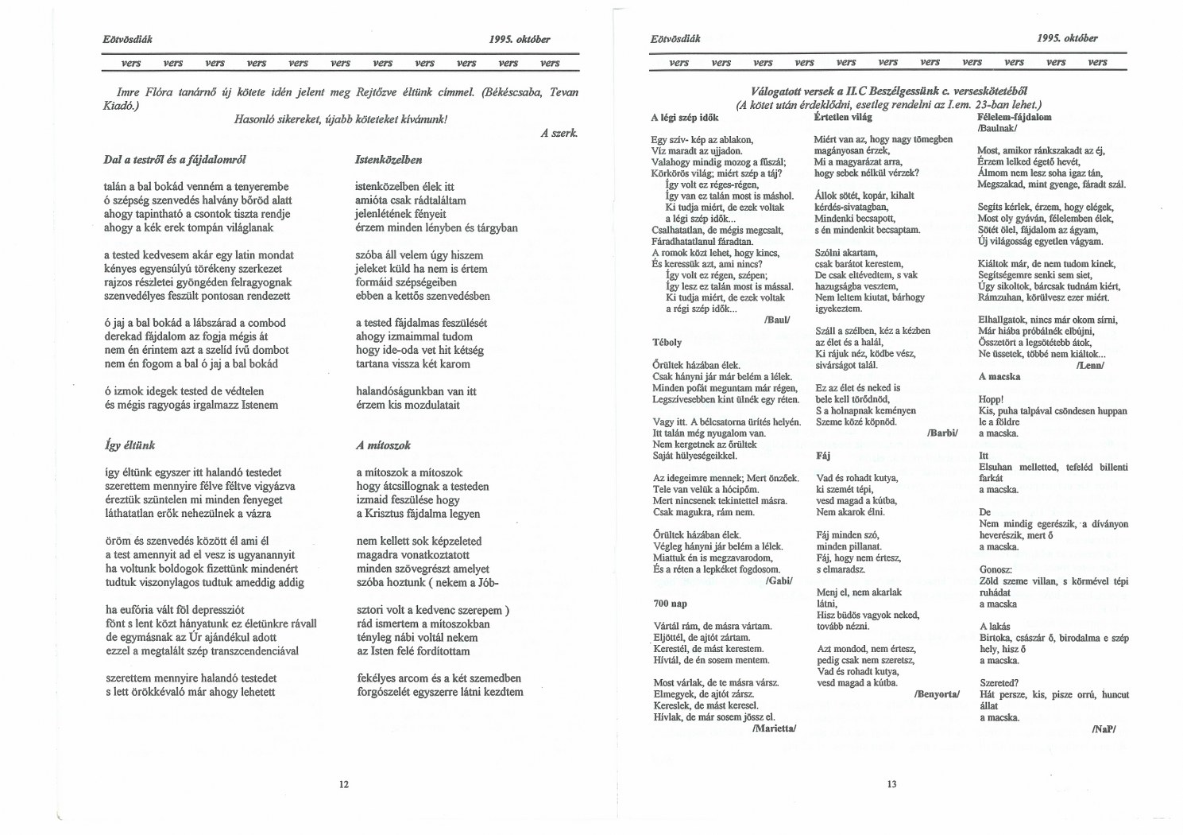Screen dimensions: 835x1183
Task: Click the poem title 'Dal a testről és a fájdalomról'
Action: [175, 160]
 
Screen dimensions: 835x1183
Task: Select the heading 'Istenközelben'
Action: [389, 160]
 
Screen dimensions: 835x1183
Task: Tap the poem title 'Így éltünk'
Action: [130, 445]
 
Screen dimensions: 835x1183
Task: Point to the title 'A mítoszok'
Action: [383, 445]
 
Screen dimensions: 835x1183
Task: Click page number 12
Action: [344, 784]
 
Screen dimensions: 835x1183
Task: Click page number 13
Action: [891, 784]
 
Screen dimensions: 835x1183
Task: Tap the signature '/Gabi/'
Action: [780, 581]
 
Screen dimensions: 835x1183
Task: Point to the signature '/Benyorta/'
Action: [938, 694]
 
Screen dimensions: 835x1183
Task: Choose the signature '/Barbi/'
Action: [943, 433]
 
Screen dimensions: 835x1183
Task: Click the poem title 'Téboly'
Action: [667, 342]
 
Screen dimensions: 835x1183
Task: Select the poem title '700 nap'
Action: [671, 604]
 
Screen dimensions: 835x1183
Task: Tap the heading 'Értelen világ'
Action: [843, 117]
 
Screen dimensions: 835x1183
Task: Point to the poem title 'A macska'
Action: [999, 376]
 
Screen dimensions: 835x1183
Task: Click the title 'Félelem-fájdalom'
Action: [1014, 117]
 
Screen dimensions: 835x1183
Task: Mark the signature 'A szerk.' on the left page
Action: [559, 134]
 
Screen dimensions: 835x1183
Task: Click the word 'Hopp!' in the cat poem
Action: [991, 399]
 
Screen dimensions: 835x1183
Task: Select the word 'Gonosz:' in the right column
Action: [995, 569]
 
